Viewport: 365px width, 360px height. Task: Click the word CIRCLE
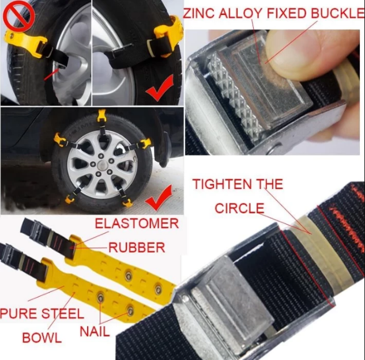click(x=239, y=208)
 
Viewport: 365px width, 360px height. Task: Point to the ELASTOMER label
click(x=137, y=223)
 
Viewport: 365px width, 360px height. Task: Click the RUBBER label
click(x=137, y=247)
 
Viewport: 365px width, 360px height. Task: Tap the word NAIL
click(x=95, y=331)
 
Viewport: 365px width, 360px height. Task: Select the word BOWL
click(x=42, y=338)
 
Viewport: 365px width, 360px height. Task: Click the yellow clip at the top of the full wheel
click(x=102, y=116)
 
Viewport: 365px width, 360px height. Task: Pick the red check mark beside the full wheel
click(x=159, y=198)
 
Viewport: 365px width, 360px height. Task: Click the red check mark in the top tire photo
click(x=160, y=88)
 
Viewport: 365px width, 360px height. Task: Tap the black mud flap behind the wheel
click(x=165, y=149)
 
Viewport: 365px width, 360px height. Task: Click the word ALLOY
click(x=240, y=13)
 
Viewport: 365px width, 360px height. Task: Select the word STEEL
click(x=63, y=313)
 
